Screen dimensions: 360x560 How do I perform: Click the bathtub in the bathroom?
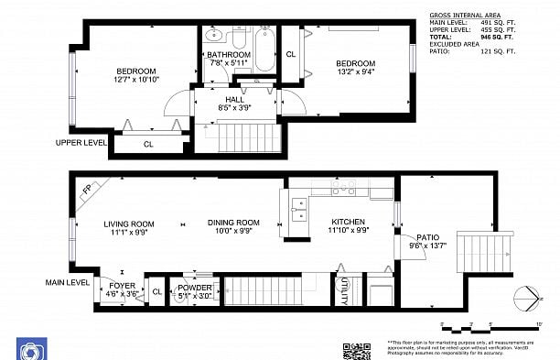click(x=264, y=51)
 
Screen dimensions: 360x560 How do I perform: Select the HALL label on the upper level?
click(x=234, y=98)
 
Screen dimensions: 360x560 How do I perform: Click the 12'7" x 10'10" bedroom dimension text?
click(x=135, y=81)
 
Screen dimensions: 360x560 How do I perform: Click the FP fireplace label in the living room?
click(x=88, y=190)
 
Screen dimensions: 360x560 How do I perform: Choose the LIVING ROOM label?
click(x=129, y=224)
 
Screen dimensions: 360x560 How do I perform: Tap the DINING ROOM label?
click(x=233, y=223)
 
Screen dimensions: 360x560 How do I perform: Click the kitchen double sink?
click(x=298, y=210)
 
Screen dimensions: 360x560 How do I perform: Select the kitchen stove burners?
click(x=344, y=189)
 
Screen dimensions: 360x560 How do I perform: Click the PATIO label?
click(x=428, y=236)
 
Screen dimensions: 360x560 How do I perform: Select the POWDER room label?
click(x=194, y=287)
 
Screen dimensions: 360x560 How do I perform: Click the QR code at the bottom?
click(x=356, y=350)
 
